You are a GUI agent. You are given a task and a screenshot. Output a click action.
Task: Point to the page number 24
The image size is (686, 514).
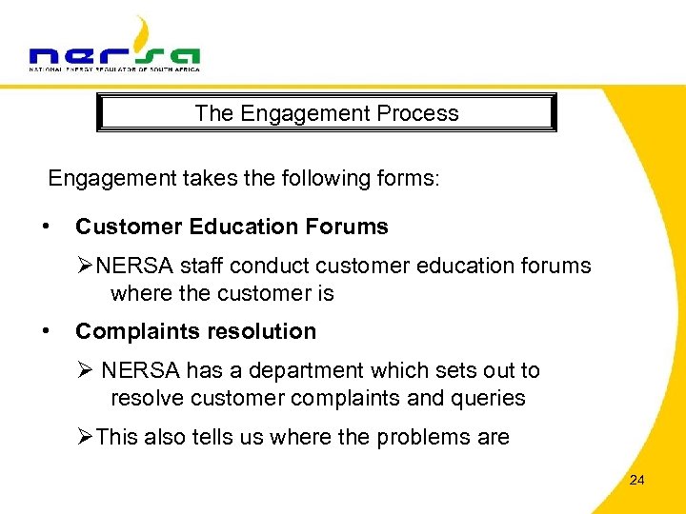pyautogui.click(x=636, y=480)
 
